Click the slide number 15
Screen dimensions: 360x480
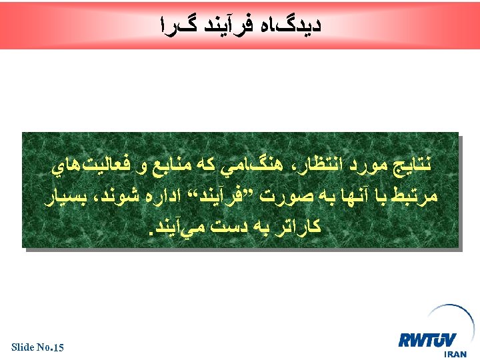(58, 347)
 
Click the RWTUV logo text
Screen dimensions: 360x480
(429, 341)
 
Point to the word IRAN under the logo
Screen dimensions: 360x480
(455, 355)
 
